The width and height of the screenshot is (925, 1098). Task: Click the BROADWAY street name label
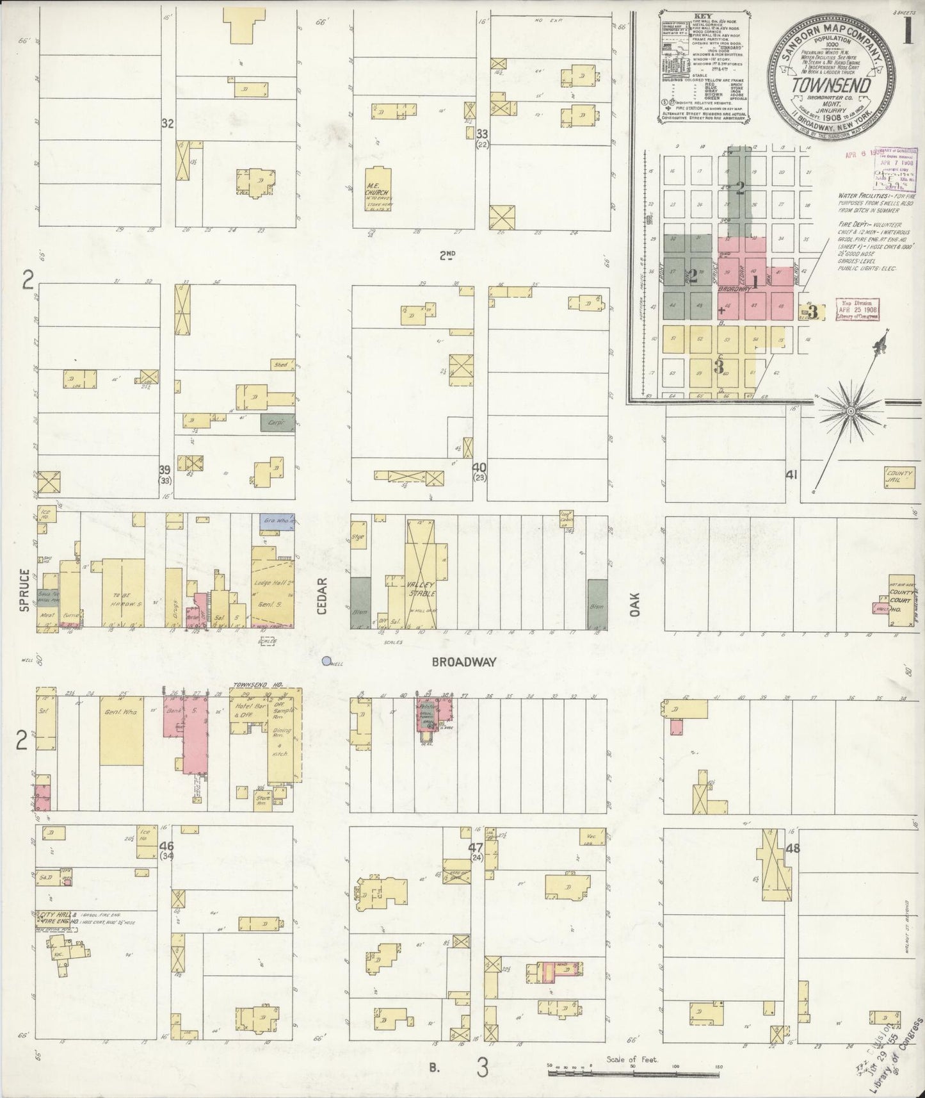pyautogui.click(x=464, y=663)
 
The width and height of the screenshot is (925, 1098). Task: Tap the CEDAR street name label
pyautogui.click(x=321, y=596)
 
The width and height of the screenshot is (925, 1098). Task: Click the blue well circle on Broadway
pyautogui.click(x=326, y=660)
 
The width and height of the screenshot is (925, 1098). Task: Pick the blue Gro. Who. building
pyautogui.click(x=277, y=521)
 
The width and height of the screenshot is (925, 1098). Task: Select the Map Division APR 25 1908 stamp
pyautogui.click(x=857, y=311)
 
